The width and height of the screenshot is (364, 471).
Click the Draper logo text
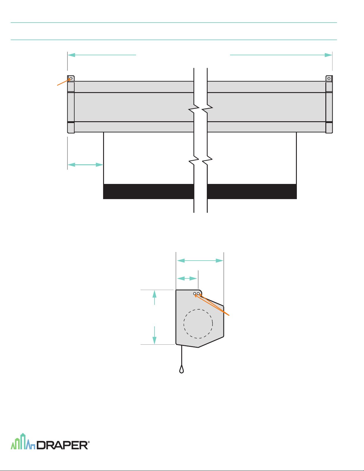point(62,445)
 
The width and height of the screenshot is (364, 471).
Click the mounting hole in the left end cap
point(71,78)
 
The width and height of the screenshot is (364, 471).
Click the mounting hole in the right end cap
point(329,78)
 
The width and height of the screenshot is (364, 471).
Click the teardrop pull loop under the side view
point(182,369)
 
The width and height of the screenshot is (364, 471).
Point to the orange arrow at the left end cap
point(64,82)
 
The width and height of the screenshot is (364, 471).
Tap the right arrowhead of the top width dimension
point(328,55)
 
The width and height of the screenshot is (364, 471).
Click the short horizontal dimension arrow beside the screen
point(85,165)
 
